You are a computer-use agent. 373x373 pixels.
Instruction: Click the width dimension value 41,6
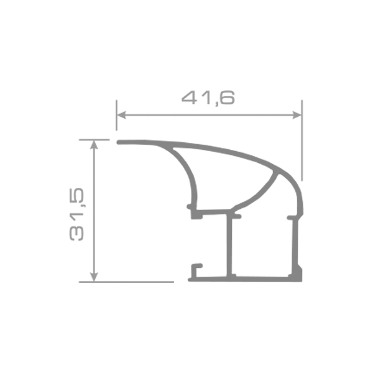[x=208, y=98]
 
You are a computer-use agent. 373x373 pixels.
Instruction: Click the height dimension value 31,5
[x=78, y=215]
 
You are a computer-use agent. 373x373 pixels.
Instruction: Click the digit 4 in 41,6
[x=189, y=98]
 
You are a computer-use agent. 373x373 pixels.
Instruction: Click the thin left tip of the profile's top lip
[x=121, y=142]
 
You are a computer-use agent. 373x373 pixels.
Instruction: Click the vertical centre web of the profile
[x=231, y=246]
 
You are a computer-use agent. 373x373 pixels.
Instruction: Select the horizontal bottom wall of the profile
[x=249, y=277]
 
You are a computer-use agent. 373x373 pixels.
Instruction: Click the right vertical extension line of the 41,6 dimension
[x=302, y=143]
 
